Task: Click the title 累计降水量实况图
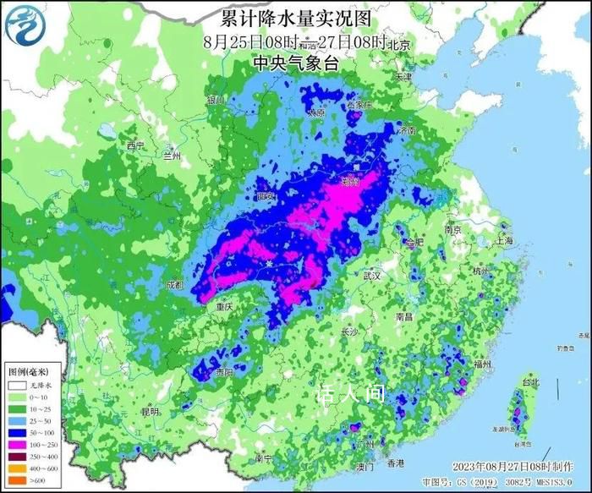[296, 18]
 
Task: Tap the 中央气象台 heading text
[295, 63]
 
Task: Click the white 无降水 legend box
[17, 385]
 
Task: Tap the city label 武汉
[372, 275]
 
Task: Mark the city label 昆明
[151, 412]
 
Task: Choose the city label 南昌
[403, 316]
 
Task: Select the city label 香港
[396, 463]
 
